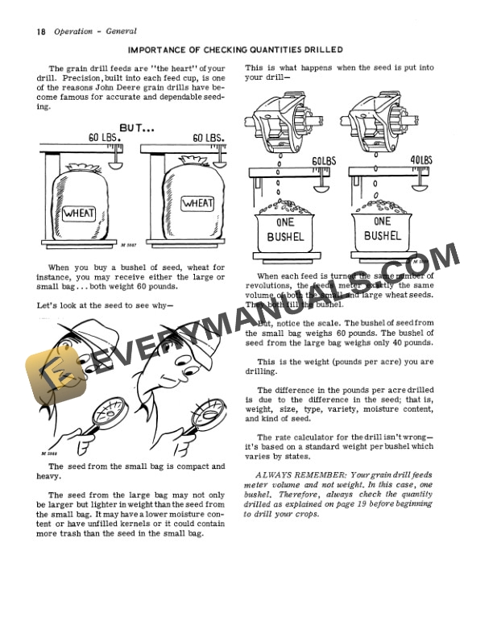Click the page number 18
[40, 31]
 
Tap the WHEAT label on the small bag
[79, 213]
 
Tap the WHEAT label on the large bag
[197, 203]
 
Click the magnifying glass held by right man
[208, 412]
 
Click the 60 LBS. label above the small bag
[105, 138]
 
